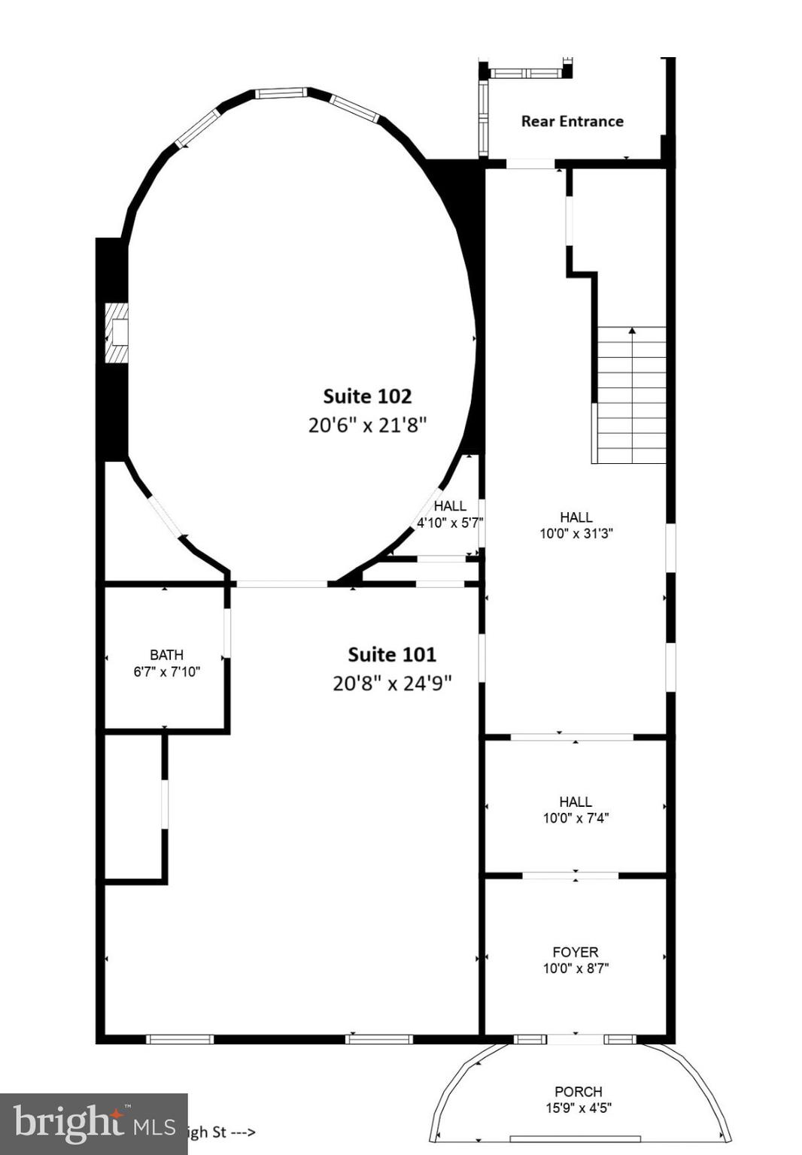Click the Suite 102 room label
[x=367, y=396]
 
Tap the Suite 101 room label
[x=391, y=655]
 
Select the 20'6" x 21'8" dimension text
[x=367, y=425]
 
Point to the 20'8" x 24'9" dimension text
[x=392, y=684]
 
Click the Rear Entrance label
[x=572, y=121]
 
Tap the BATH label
[x=166, y=655]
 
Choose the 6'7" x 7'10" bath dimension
[x=166, y=671]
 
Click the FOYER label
[x=576, y=952]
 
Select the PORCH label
[x=578, y=1091]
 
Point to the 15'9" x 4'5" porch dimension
[x=578, y=1108]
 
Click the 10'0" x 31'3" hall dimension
[x=576, y=534]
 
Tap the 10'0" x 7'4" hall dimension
[x=576, y=818]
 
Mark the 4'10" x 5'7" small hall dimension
[x=450, y=523]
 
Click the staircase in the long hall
[x=631, y=396]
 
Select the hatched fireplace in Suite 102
[x=117, y=333]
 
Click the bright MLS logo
[x=93, y=1123]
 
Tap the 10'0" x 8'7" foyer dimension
[x=576, y=969]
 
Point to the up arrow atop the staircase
[x=632, y=330]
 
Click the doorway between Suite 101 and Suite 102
[x=282, y=584]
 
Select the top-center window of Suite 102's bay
[x=281, y=93]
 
